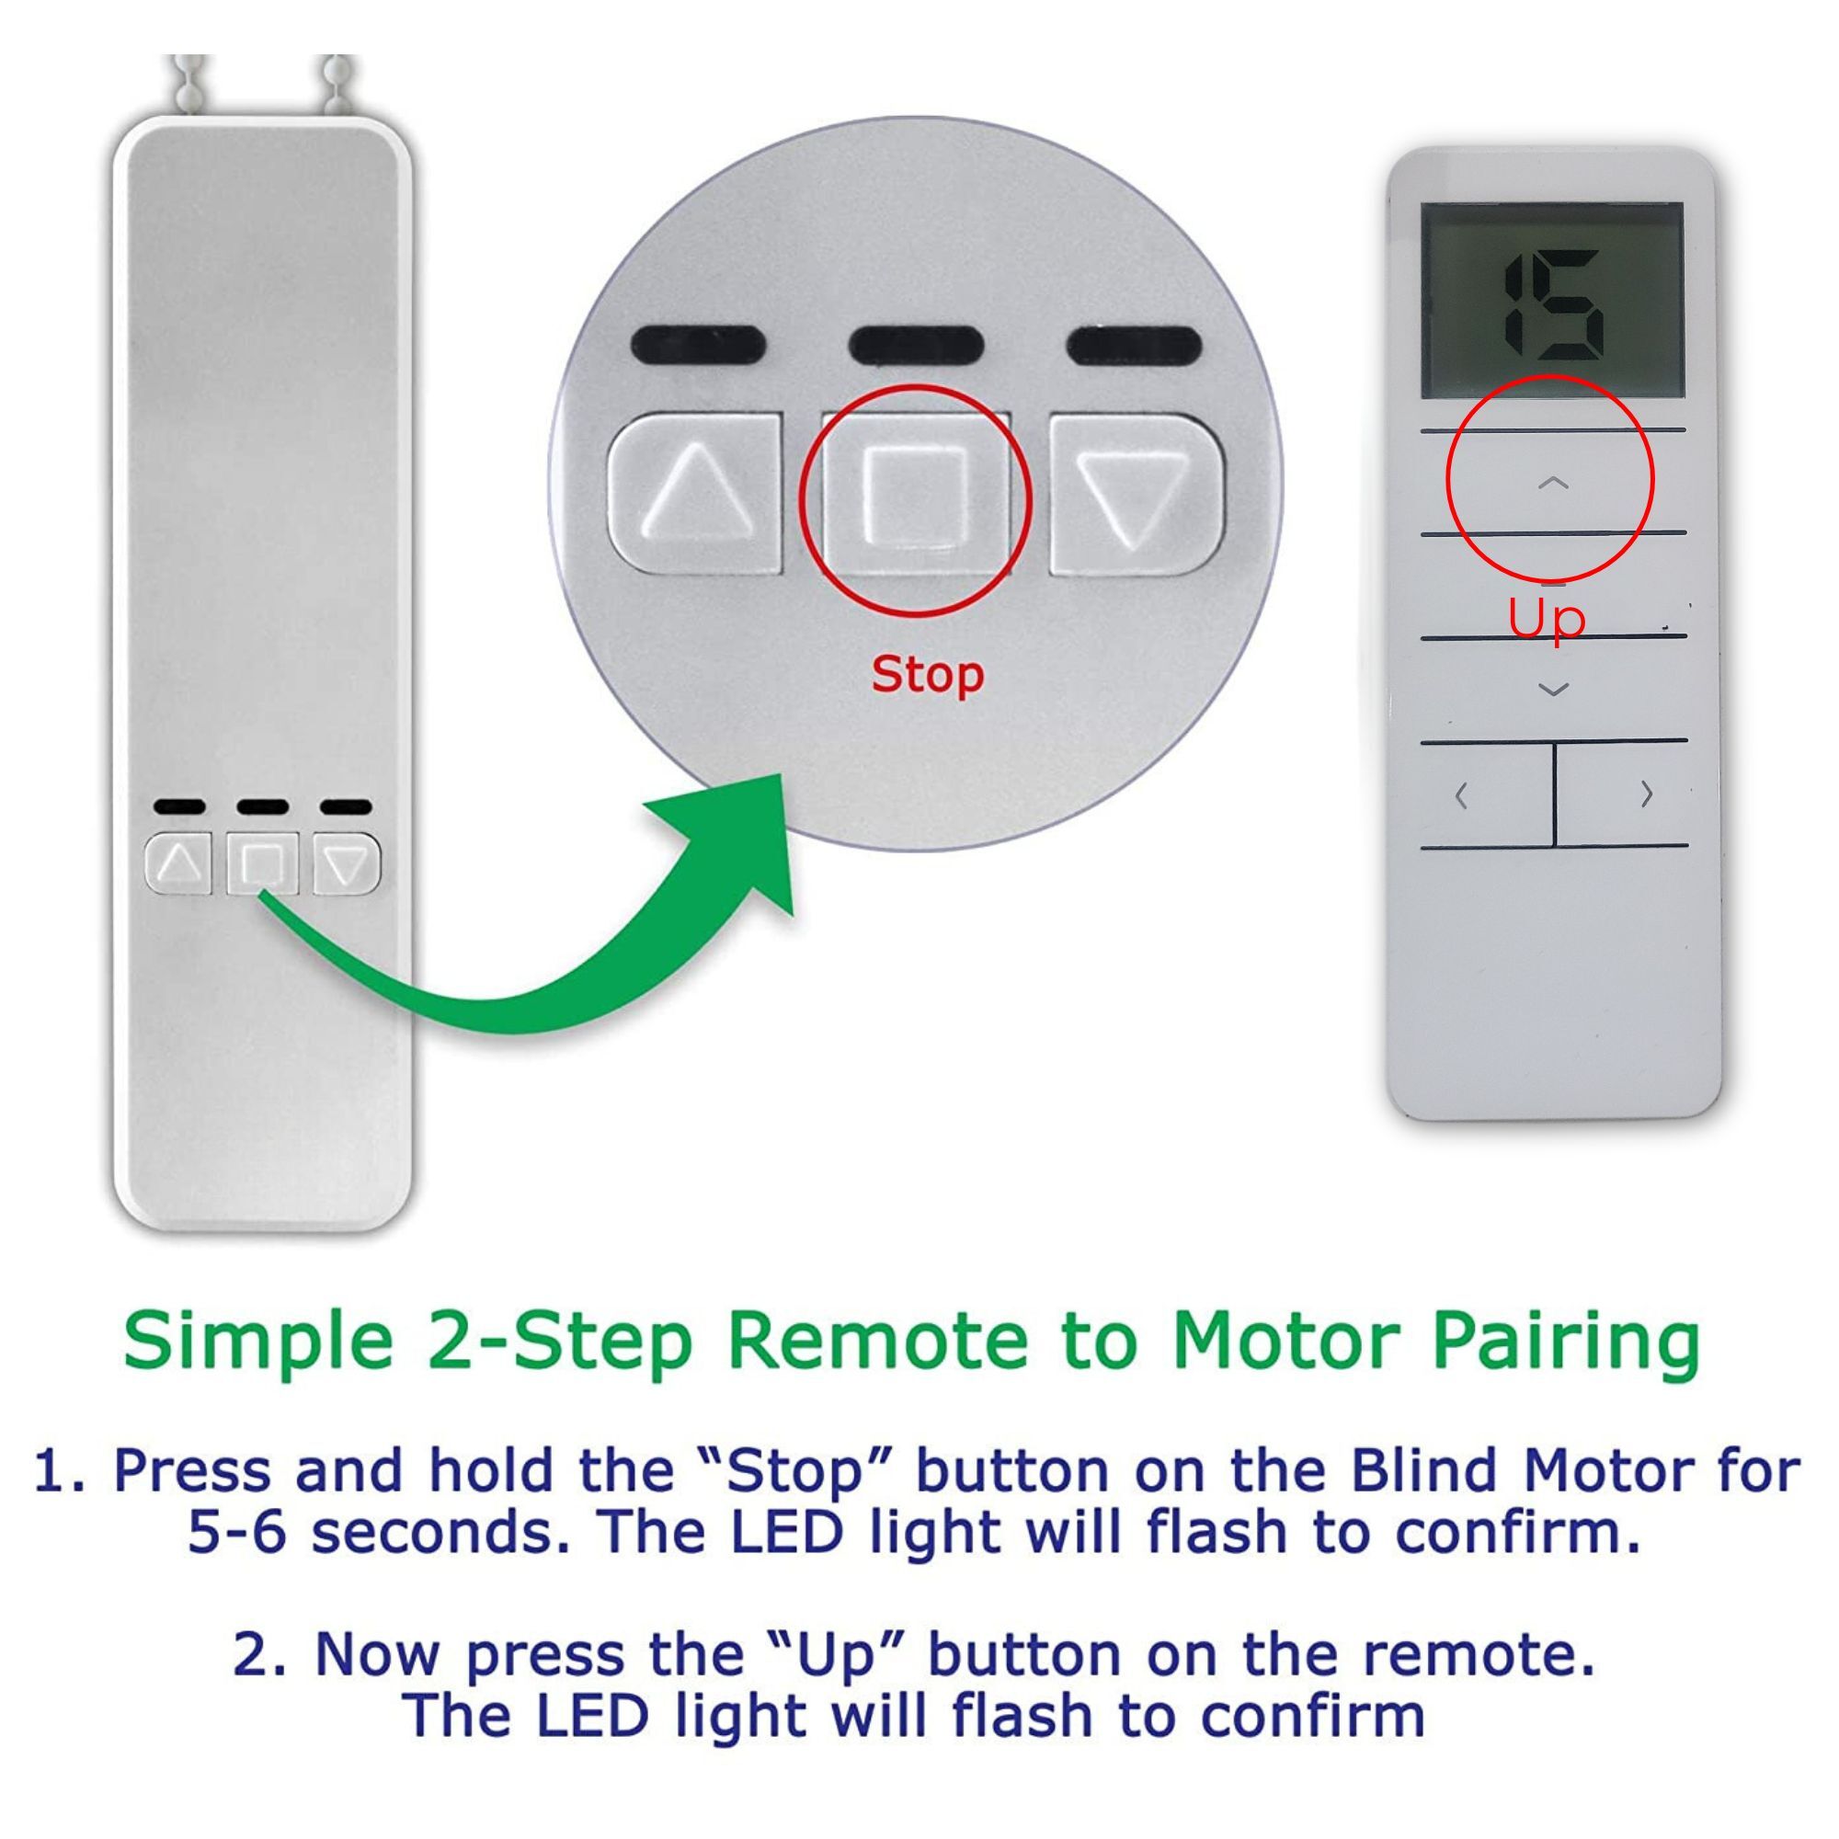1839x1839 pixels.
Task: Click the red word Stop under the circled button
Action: [x=927, y=675]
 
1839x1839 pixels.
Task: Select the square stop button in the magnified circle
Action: [x=916, y=495]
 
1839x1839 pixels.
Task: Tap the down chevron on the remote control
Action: [x=1553, y=688]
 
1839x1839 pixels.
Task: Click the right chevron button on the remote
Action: [x=1646, y=793]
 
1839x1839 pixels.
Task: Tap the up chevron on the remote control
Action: [x=1552, y=484]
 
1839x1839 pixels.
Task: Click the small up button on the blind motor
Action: [x=179, y=863]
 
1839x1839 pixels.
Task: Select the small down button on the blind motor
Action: [x=347, y=863]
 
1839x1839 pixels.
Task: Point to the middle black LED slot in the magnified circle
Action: [x=915, y=345]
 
